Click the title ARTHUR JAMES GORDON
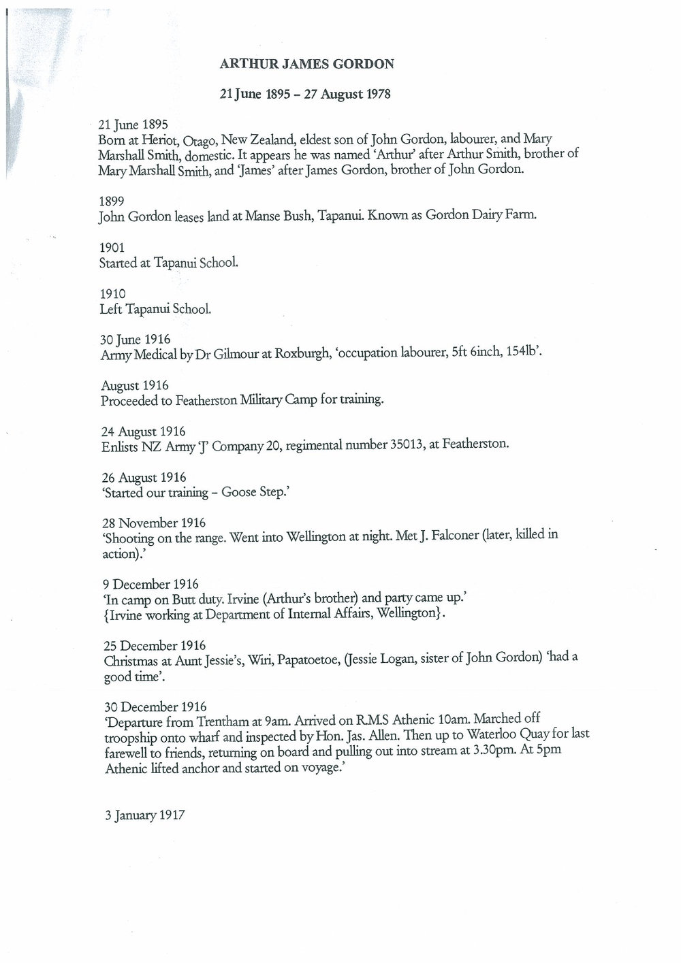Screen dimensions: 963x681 tap(306, 65)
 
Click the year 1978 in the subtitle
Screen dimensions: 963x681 tap(377, 95)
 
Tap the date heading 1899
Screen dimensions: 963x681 tap(111, 201)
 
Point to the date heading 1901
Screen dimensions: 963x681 tap(111, 248)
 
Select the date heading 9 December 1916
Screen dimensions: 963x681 tap(150, 584)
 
